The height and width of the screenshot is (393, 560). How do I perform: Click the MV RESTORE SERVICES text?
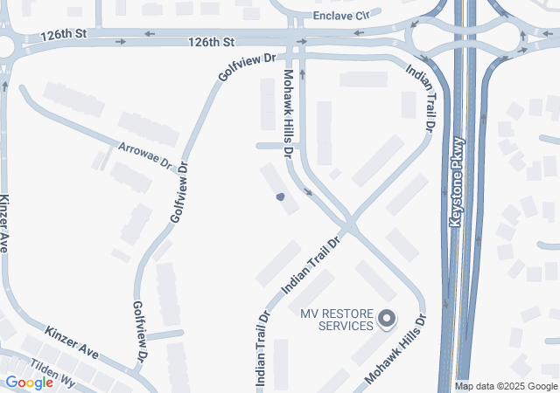tap(336, 320)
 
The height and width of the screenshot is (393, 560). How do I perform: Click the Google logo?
tap(30, 383)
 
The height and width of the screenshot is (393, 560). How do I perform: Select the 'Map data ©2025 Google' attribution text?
tap(506, 386)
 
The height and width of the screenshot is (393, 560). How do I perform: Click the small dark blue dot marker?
tap(280, 197)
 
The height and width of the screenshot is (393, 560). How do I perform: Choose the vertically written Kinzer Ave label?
tap(5, 224)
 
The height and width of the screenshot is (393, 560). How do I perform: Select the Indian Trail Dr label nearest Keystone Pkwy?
tap(420, 96)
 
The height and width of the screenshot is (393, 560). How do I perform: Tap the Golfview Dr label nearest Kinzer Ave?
tap(139, 332)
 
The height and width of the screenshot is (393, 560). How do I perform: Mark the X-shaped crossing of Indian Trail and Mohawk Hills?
tap(349, 226)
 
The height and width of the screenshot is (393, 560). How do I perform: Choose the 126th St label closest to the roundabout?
tap(62, 36)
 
